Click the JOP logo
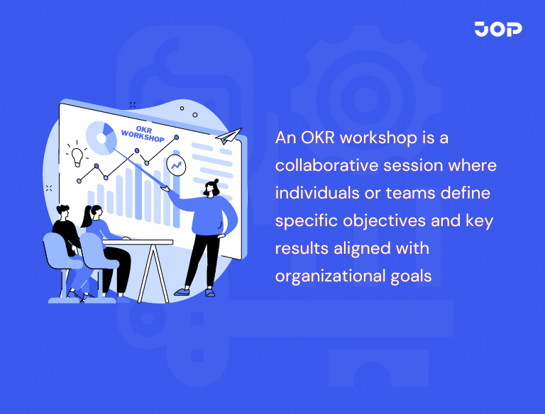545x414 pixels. (498, 29)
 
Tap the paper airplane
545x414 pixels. (229, 135)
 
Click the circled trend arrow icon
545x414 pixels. (176, 165)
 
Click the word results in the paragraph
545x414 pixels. (299, 248)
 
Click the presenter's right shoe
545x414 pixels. (182, 291)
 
